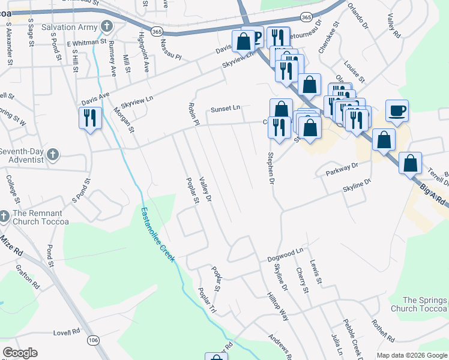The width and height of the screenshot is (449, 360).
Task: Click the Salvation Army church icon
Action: point(107,27)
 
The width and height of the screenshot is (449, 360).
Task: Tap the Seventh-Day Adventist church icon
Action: point(52,155)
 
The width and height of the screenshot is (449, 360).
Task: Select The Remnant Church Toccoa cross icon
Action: point(4,217)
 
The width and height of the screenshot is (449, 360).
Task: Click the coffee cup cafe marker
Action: point(397,111)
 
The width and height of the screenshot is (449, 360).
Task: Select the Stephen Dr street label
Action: point(271,168)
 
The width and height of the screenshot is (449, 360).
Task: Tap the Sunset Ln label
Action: point(225,109)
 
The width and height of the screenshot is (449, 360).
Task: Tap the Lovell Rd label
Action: point(67,332)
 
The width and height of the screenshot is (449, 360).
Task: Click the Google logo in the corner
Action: point(20,353)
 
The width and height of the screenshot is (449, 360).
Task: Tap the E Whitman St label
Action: point(86,43)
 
